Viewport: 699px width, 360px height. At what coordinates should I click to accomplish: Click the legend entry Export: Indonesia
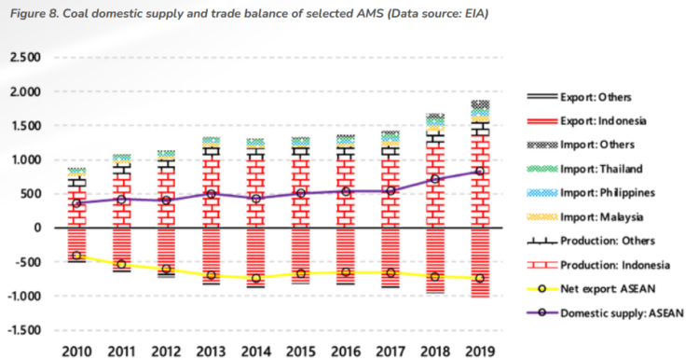(603, 120)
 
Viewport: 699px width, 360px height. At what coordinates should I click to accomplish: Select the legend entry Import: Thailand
(603, 169)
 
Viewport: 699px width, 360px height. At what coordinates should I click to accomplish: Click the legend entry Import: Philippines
(609, 193)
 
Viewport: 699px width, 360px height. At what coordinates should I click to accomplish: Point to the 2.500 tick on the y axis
(24, 58)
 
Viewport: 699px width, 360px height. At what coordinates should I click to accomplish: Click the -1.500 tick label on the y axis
(22, 330)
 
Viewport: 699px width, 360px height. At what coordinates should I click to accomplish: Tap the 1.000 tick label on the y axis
(24, 160)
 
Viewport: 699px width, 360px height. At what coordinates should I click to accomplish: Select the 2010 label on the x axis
(76, 351)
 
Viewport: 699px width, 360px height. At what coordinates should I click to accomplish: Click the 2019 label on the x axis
(481, 351)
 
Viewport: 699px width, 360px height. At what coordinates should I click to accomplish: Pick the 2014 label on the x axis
(256, 351)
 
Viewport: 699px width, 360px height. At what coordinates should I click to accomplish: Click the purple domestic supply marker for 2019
(481, 172)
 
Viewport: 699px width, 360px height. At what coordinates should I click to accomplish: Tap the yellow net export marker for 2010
(76, 256)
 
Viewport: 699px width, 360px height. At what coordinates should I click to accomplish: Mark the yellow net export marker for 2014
(256, 278)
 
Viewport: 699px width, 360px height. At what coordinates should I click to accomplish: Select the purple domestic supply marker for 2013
(212, 194)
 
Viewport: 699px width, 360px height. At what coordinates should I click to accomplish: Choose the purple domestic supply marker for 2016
(346, 191)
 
